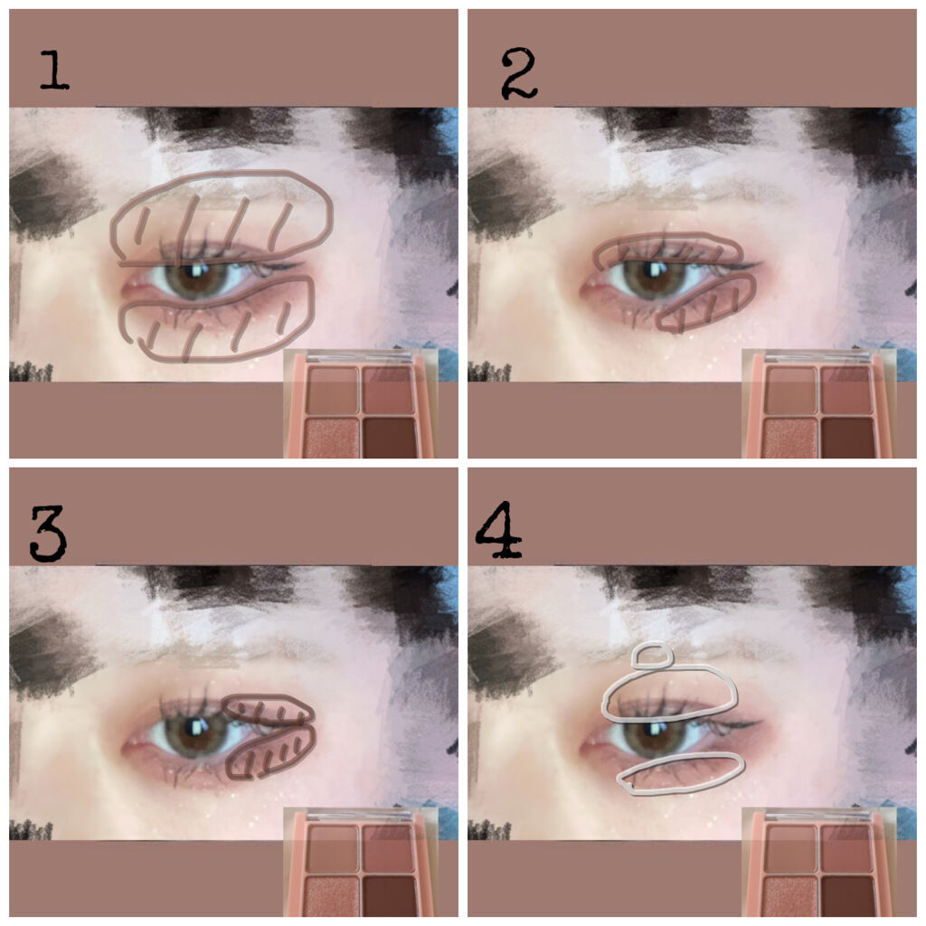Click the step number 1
tap(54, 71)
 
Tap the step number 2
tap(519, 73)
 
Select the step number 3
tap(49, 534)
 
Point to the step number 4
tap(499, 530)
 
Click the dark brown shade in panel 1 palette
tap(389, 437)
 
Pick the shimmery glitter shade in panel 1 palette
tap(331, 437)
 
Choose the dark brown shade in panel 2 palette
tap(847, 437)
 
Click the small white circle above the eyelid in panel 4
tap(652, 657)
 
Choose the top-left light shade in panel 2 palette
tap(790, 390)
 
